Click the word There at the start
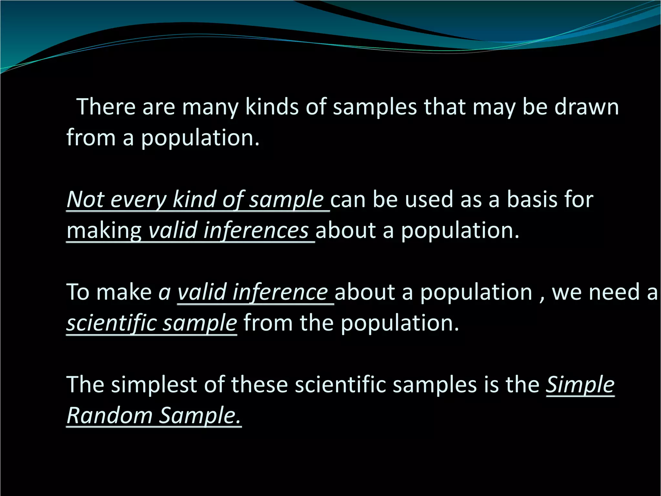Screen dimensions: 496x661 click(106, 107)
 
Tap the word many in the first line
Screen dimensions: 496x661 click(210, 107)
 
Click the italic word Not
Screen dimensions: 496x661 click(85, 199)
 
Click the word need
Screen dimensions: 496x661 click(611, 292)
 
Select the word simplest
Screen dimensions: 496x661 click(154, 385)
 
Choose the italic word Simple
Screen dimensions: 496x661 click(580, 385)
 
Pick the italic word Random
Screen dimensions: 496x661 click(109, 415)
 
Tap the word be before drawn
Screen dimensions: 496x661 click(535, 107)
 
